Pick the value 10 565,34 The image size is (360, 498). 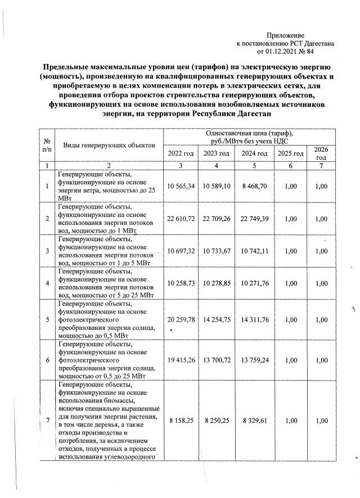click(181, 186)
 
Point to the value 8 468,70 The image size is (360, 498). click(253, 186)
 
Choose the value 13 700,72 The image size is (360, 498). click(217, 358)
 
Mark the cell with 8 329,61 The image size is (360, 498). click(253, 420)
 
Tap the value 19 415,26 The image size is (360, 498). click(181, 358)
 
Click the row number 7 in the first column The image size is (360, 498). click(47, 420)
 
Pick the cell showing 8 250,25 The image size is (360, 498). click(217, 420)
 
